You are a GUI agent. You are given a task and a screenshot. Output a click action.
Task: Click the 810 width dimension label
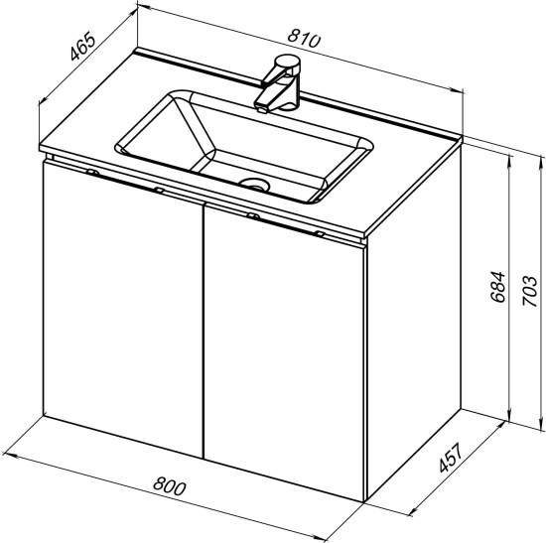[x=303, y=38]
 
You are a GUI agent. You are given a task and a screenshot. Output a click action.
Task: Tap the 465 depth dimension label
[x=82, y=46]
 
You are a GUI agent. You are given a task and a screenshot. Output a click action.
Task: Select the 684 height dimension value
[x=497, y=286]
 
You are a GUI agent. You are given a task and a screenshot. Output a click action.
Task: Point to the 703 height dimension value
[x=530, y=291]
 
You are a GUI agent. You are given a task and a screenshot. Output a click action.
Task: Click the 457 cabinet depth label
[x=451, y=458]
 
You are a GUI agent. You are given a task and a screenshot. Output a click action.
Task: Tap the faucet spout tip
[x=262, y=110]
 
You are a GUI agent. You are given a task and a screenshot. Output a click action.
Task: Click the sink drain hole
[x=255, y=184]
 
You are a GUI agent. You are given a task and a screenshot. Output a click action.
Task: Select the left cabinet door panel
[x=123, y=309]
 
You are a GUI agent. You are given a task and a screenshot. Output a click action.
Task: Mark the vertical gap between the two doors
[x=204, y=331]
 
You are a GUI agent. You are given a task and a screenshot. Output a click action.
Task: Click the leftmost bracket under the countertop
[x=92, y=172]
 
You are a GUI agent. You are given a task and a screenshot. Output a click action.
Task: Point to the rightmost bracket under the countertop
[x=319, y=233]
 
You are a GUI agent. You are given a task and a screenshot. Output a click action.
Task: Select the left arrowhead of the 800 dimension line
[x=8, y=455]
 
